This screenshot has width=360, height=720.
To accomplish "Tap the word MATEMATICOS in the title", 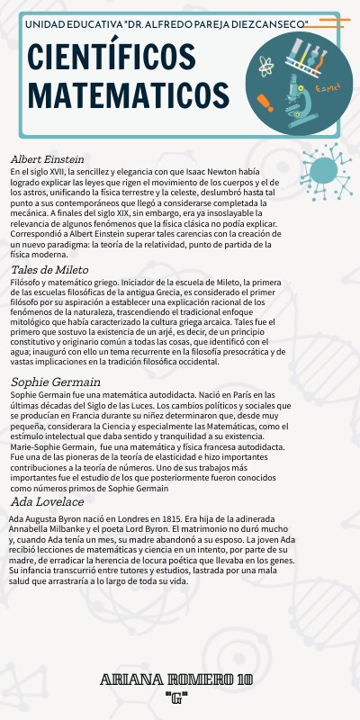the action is click(126, 93).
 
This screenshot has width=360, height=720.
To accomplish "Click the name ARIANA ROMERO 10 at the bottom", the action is click(176, 678).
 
